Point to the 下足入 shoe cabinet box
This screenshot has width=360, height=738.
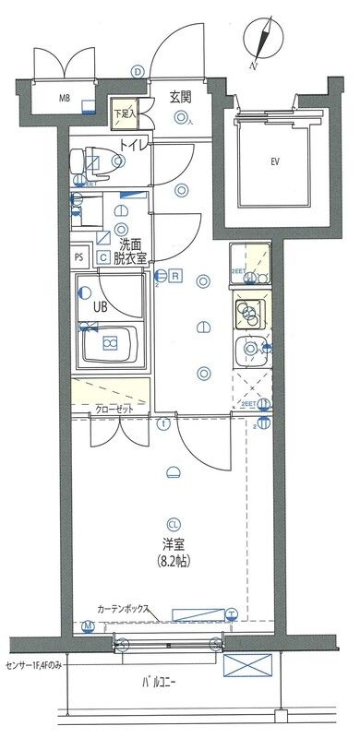124,113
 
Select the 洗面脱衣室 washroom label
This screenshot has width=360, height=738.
127,252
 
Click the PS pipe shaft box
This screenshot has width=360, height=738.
78,259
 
